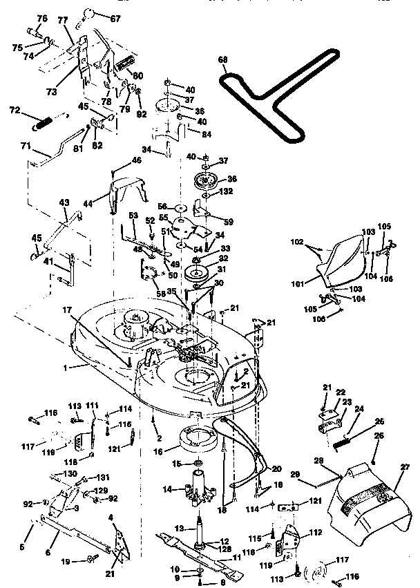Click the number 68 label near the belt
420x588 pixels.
[x=222, y=60]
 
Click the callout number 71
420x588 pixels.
[x=26, y=147]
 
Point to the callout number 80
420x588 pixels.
[x=139, y=76]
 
